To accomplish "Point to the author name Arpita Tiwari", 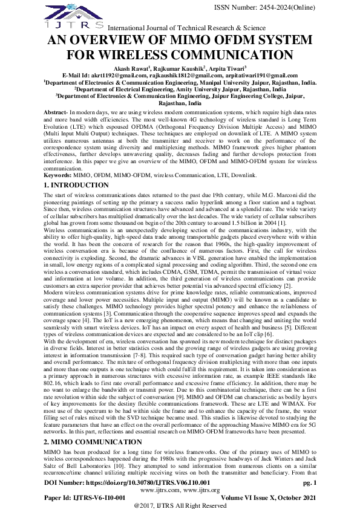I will pos(227,69).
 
